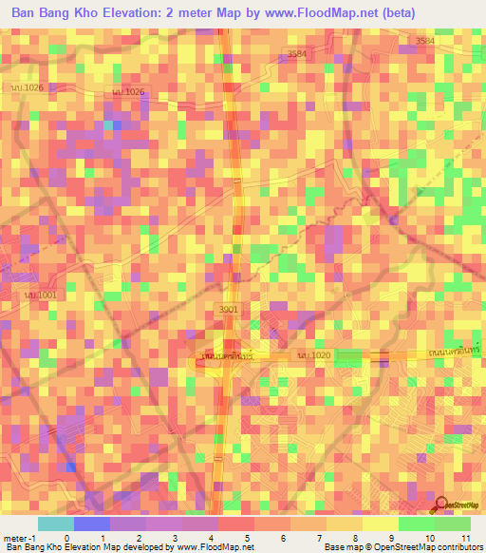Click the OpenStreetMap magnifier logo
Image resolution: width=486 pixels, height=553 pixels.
442,504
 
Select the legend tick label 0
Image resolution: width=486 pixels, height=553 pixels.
65,538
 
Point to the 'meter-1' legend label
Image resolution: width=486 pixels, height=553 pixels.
18,538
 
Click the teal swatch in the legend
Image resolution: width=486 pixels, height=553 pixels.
56,524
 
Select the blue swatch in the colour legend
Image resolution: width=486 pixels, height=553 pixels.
92,524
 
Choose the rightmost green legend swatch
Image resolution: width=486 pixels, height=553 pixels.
452,524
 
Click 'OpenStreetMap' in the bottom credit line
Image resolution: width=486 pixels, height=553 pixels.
393,547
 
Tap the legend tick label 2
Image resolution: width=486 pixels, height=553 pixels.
139,538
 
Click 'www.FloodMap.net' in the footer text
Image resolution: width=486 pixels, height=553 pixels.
211,547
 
